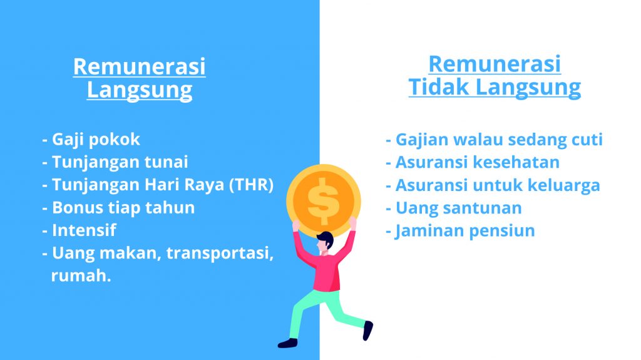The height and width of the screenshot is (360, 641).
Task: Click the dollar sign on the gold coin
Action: (324, 201)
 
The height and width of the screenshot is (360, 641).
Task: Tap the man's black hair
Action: (326, 239)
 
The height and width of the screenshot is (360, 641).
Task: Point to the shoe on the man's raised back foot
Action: (368, 331)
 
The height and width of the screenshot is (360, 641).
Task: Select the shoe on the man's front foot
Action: (288, 343)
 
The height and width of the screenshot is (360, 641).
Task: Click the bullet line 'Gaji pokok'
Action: (91, 140)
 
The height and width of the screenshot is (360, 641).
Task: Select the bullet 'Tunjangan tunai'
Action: (115, 162)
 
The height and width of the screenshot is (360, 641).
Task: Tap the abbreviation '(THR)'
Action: (251, 185)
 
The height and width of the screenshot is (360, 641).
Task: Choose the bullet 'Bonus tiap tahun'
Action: (118, 207)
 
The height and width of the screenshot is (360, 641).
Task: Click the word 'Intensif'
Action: (85, 230)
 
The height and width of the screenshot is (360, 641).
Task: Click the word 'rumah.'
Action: (81, 275)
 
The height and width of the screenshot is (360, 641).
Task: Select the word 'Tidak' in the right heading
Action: (439, 87)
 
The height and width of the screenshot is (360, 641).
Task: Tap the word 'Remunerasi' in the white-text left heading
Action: (140, 66)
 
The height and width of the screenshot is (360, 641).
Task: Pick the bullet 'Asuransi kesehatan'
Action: (473, 162)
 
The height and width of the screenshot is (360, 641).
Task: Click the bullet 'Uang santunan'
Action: (454, 208)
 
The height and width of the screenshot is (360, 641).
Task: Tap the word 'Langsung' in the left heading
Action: (140, 90)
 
